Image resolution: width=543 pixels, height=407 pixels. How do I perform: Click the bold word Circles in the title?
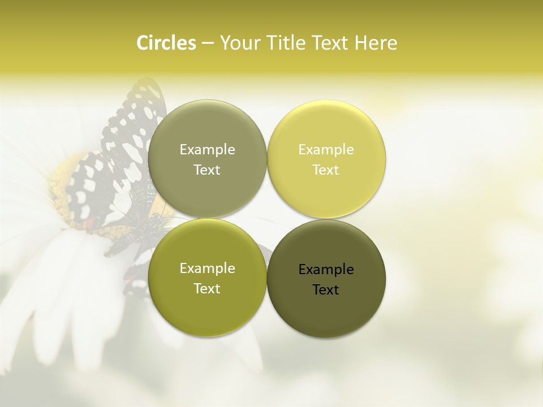pos(166,43)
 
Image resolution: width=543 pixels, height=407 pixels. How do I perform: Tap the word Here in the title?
pos(376,43)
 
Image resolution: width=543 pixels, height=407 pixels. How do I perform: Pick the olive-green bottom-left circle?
pos(207,311)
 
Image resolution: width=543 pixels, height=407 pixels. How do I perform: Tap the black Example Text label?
pos(326,279)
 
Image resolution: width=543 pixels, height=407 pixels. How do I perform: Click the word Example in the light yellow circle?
pos(326,150)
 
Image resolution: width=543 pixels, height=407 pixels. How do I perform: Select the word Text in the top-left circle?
pos(207,170)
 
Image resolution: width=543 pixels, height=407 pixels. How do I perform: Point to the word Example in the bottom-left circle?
pos(207,269)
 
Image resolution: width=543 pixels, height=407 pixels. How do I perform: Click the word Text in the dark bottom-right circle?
pos(326,290)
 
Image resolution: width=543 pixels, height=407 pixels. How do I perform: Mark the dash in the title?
pos(208,44)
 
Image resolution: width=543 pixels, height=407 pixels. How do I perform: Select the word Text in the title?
pos(328,43)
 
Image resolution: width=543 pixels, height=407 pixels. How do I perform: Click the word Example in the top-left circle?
pos(207,150)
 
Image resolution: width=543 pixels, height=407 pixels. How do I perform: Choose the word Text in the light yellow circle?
pos(326,170)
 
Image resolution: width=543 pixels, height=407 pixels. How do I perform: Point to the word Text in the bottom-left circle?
pos(207,289)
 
